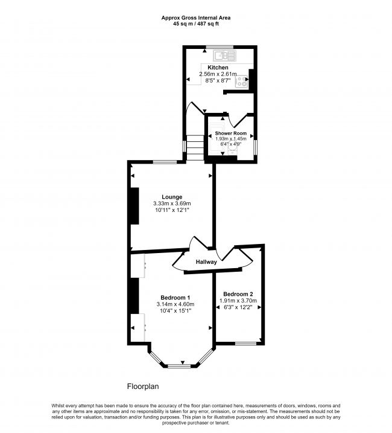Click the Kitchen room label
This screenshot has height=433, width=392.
click(x=218, y=67)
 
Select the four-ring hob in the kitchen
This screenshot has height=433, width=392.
click(x=244, y=82)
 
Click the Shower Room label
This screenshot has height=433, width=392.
click(x=231, y=132)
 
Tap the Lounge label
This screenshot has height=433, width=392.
click(x=172, y=196)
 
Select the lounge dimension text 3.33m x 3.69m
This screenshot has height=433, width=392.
click(x=172, y=204)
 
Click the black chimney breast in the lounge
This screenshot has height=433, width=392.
click(x=134, y=205)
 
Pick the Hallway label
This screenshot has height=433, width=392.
click(x=206, y=262)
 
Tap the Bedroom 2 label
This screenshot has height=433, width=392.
click(x=237, y=293)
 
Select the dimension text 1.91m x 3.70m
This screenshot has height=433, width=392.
click(x=237, y=301)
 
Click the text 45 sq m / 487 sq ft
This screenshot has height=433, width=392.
click(x=195, y=24)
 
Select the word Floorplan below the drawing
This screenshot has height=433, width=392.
click(x=142, y=386)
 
